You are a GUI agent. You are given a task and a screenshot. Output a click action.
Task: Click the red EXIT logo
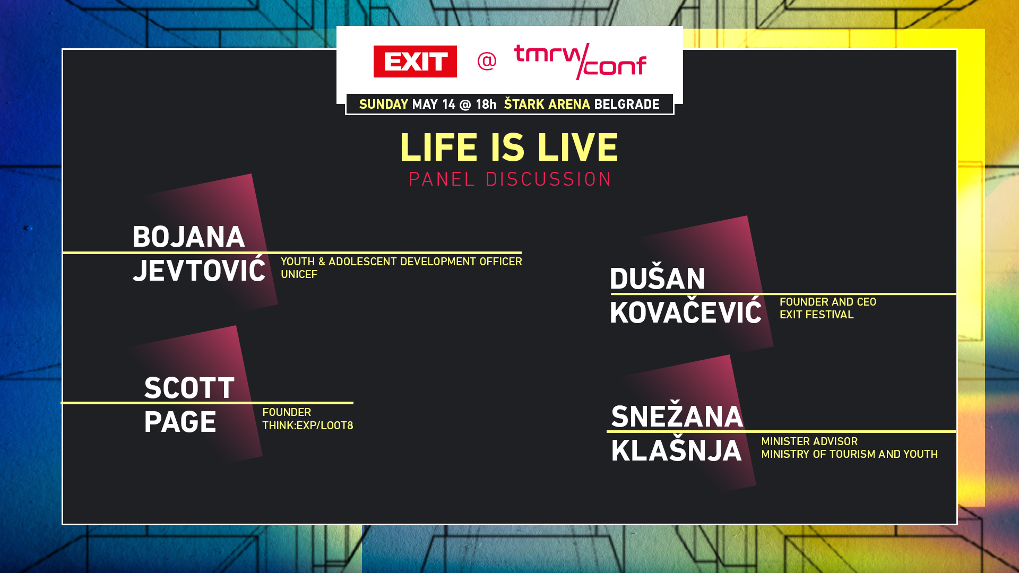(x=415, y=62)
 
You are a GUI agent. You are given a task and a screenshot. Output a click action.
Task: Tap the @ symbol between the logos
(x=487, y=61)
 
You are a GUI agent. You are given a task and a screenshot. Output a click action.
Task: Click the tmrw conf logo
(x=580, y=62)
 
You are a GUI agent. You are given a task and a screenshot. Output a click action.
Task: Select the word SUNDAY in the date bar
(x=383, y=105)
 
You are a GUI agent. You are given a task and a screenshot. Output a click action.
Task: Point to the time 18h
(x=486, y=105)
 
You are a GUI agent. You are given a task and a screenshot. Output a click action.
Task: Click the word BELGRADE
(x=626, y=105)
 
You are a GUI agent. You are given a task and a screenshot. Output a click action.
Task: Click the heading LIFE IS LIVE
(x=509, y=147)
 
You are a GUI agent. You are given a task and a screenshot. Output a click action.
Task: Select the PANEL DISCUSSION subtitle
(x=510, y=179)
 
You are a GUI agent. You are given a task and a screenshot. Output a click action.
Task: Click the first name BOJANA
(x=188, y=237)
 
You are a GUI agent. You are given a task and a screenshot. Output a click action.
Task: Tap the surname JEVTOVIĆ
(x=199, y=271)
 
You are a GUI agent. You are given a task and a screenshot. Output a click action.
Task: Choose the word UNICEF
(x=299, y=274)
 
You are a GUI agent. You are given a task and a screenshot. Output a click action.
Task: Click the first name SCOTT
(x=189, y=388)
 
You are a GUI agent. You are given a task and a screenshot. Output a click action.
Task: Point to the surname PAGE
(x=180, y=422)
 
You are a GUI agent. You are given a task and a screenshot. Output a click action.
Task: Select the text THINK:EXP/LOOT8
(x=307, y=426)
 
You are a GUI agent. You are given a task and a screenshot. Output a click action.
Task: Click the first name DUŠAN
(x=658, y=279)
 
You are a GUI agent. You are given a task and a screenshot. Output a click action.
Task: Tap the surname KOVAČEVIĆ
(x=686, y=312)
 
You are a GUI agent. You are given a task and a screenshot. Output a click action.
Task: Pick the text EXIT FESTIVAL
(x=816, y=315)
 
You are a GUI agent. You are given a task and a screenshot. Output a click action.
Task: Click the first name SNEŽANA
(x=677, y=416)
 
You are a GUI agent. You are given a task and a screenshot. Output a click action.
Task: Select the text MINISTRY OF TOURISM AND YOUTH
(x=849, y=454)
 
